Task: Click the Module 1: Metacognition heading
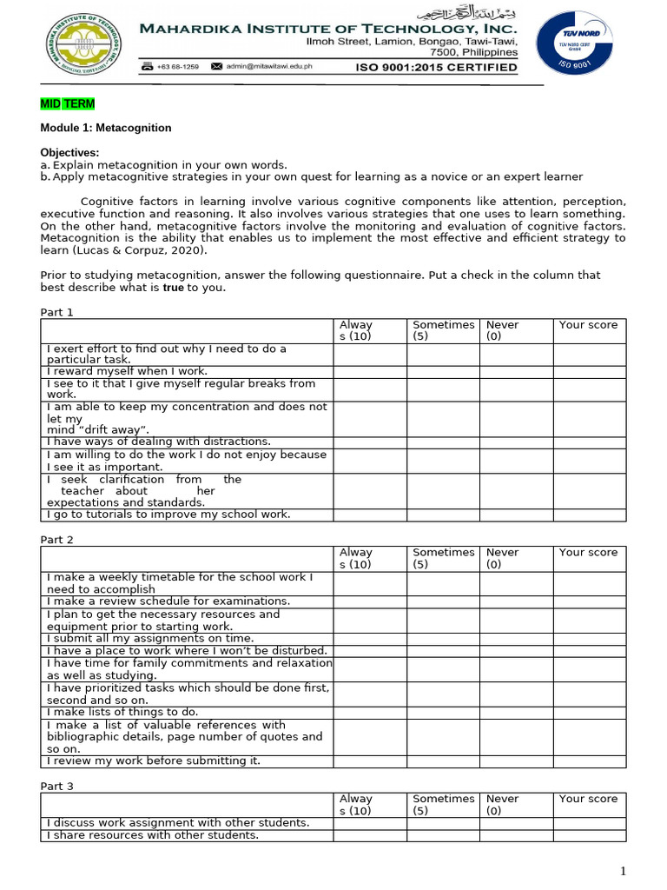(x=106, y=128)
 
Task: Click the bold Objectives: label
(x=69, y=153)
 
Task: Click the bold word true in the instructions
(x=174, y=288)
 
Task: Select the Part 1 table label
(x=57, y=312)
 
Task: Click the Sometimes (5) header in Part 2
(x=443, y=558)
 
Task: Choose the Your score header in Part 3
(x=588, y=799)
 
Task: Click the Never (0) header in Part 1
(x=502, y=330)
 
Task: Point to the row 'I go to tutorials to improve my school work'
(x=168, y=515)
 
